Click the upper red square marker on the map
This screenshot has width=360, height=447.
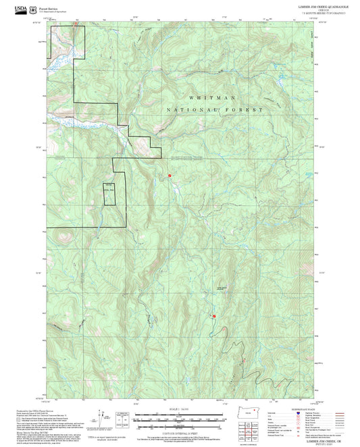coord(170,176)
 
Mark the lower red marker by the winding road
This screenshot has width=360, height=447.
coord(214,315)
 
